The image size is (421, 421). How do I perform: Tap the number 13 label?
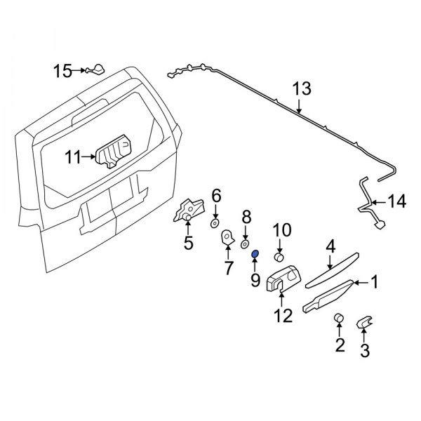[x=300, y=89]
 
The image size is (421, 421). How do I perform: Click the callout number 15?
[x=63, y=70]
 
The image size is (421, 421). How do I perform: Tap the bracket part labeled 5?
[x=189, y=211]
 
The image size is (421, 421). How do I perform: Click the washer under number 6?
[x=215, y=222]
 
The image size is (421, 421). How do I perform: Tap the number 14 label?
[x=396, y=202]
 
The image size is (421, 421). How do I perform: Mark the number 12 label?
[x=282, y=317]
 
